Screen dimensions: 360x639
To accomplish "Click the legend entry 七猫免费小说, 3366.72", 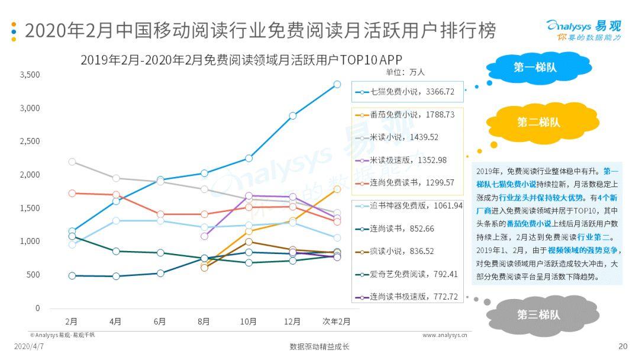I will tap(408, 92).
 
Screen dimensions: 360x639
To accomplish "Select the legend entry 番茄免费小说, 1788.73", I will tap(408, 114).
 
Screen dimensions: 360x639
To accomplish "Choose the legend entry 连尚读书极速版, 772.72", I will tap(408, 297).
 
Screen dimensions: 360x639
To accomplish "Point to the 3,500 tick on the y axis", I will tap(30, 75).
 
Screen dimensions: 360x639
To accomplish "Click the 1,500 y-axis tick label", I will tap(30, 208).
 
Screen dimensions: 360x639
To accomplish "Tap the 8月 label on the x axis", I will tap(204, 322).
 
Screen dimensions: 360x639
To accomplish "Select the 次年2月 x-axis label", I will tap(337, 322).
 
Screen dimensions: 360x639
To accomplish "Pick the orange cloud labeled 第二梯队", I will tap(538, 123).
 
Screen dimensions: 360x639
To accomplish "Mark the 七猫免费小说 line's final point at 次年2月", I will tap(337, 85).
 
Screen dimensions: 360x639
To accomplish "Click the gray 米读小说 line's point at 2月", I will tap(72, 162).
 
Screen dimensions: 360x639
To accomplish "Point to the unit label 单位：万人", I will tap(405, 72).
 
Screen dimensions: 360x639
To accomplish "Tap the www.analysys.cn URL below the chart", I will tap(444, 335).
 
